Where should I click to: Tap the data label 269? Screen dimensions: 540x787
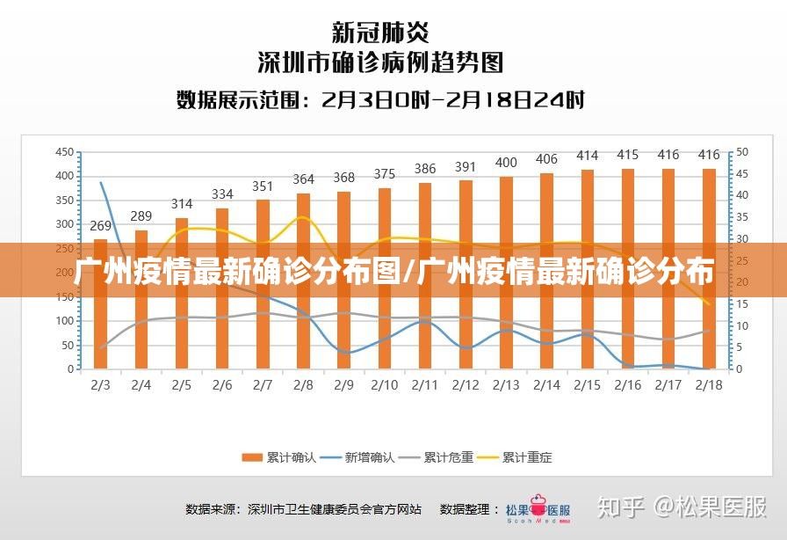pos(100,225)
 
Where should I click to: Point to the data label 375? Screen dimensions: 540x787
pos(384,174)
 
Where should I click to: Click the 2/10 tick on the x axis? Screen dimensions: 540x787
pos(384,385)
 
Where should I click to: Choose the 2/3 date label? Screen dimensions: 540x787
pos(100,385)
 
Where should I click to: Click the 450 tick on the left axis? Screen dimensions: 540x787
pos(64,152)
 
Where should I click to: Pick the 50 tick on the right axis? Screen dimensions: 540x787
pos(741,152)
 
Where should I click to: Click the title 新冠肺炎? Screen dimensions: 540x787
pos(380,33)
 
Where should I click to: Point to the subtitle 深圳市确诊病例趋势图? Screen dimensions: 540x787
pos(380,62)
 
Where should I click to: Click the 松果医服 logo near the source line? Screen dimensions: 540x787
pos(538,509)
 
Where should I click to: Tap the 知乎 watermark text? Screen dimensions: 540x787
pos(620,507)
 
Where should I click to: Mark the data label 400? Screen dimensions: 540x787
pos(506,163)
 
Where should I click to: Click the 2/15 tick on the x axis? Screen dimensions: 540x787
pos(588,385)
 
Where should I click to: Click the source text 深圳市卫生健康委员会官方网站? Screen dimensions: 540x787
pos(335,509)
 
